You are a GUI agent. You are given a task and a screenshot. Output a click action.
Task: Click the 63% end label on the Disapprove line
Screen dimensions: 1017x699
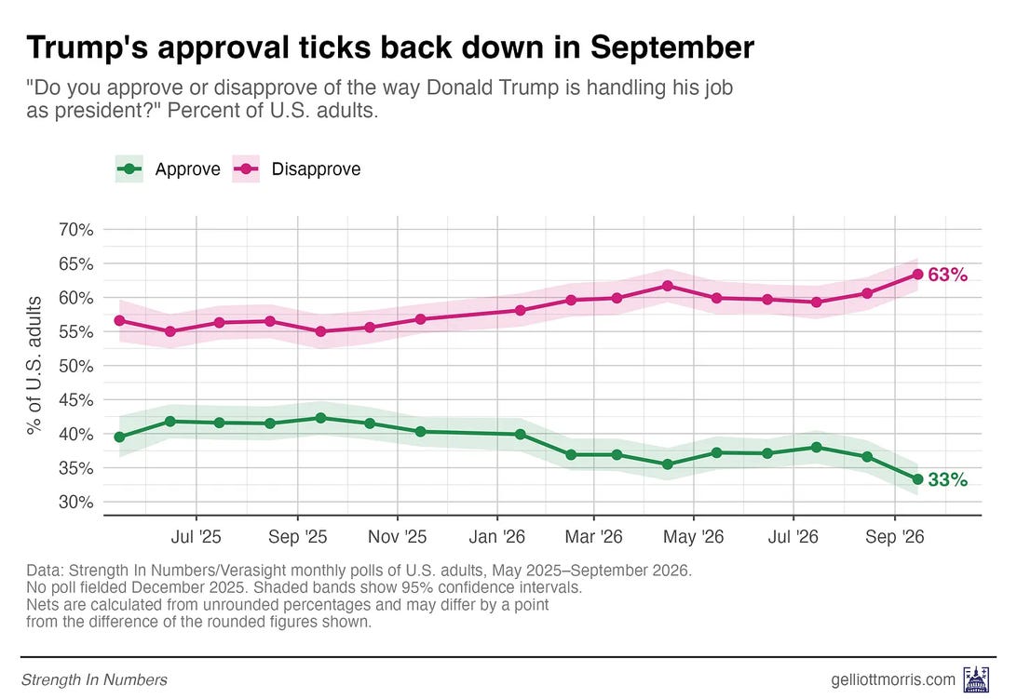[947, 275]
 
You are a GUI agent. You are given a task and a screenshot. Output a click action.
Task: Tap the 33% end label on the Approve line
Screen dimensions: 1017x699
[947, 480]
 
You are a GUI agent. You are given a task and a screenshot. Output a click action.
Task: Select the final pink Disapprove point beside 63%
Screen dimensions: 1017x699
[917, 275]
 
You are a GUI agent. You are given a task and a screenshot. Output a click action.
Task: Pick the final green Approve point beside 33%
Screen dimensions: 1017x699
[917, 479]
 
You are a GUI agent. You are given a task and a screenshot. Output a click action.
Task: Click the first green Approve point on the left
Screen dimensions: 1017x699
[119, 437]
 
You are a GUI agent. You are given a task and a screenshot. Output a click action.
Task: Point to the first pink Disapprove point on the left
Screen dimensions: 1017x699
[119, 320]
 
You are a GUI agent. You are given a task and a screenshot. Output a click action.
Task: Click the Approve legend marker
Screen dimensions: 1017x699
[129, 169]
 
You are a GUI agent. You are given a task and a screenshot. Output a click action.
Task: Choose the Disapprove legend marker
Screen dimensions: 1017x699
[246, 169]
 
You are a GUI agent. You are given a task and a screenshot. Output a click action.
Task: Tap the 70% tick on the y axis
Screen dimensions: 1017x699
[75, 230]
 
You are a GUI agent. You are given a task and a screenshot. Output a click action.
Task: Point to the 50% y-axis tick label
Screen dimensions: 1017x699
[75, 366]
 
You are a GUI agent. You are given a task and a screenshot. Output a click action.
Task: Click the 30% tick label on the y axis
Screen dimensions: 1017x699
[75, 502]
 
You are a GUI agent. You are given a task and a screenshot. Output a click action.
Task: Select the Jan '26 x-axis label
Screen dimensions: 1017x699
[496, 537]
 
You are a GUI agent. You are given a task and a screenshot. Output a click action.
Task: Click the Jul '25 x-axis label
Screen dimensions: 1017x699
[196, 537]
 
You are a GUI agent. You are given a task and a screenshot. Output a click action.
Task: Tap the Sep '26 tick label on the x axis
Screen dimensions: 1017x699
[894, 537]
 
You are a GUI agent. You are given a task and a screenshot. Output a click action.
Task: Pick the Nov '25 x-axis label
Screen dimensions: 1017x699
[397, 537]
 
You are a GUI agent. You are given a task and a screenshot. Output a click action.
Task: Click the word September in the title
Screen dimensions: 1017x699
[672, 48]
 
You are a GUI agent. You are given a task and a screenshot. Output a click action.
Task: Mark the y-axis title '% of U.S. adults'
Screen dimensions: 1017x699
[34, 365]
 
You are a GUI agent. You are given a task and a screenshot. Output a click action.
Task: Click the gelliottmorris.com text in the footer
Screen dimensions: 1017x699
[893, 679]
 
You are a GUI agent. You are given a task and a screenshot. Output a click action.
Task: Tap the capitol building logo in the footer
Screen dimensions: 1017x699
[976, 679]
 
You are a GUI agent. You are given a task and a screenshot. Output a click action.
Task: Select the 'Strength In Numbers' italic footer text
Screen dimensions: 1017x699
[94, 679]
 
